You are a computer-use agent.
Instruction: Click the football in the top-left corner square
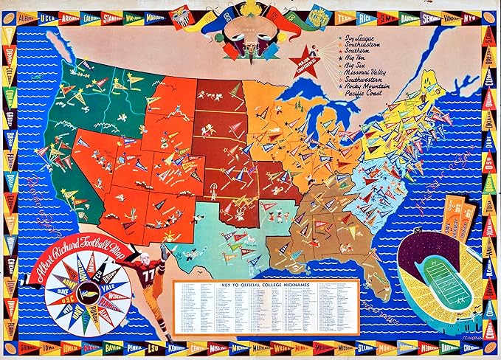tap(10, 13)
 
